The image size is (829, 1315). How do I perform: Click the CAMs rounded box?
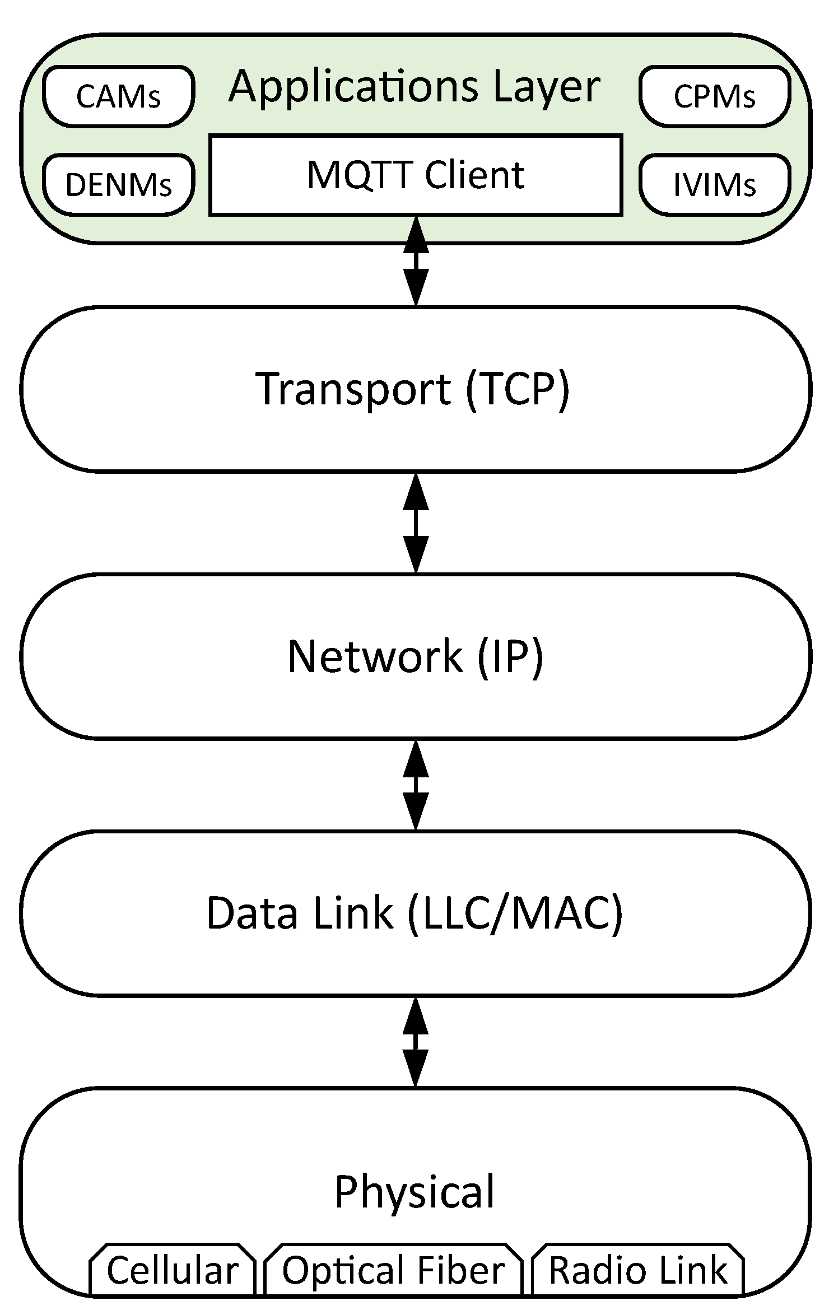coord(119,96)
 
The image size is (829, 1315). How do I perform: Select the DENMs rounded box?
coord(119,184)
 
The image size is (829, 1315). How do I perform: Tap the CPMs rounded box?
coord(715,96)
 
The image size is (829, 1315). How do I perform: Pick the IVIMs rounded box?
coord(715,184)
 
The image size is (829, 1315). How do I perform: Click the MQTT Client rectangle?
coord(416,175)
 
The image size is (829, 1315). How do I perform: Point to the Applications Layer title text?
coord(414,86)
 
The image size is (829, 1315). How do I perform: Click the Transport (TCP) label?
coord(413,389)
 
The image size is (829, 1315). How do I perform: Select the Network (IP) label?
coord(415,656)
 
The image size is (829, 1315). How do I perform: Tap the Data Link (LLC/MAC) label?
coord(414,913)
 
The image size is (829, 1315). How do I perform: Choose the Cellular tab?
coord(173,1270)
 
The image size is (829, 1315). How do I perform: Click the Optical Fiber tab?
coord(393,1270)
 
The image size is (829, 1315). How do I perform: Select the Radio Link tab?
coord(638,1270)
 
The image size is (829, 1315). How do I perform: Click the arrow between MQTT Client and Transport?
coord(416,261)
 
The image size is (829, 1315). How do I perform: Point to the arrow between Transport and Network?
coord(416,523)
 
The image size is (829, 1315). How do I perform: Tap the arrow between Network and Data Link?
coord(416,785)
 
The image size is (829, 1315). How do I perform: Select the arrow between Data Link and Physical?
coord(416,1042)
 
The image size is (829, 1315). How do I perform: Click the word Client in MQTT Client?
coord(474,175)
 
